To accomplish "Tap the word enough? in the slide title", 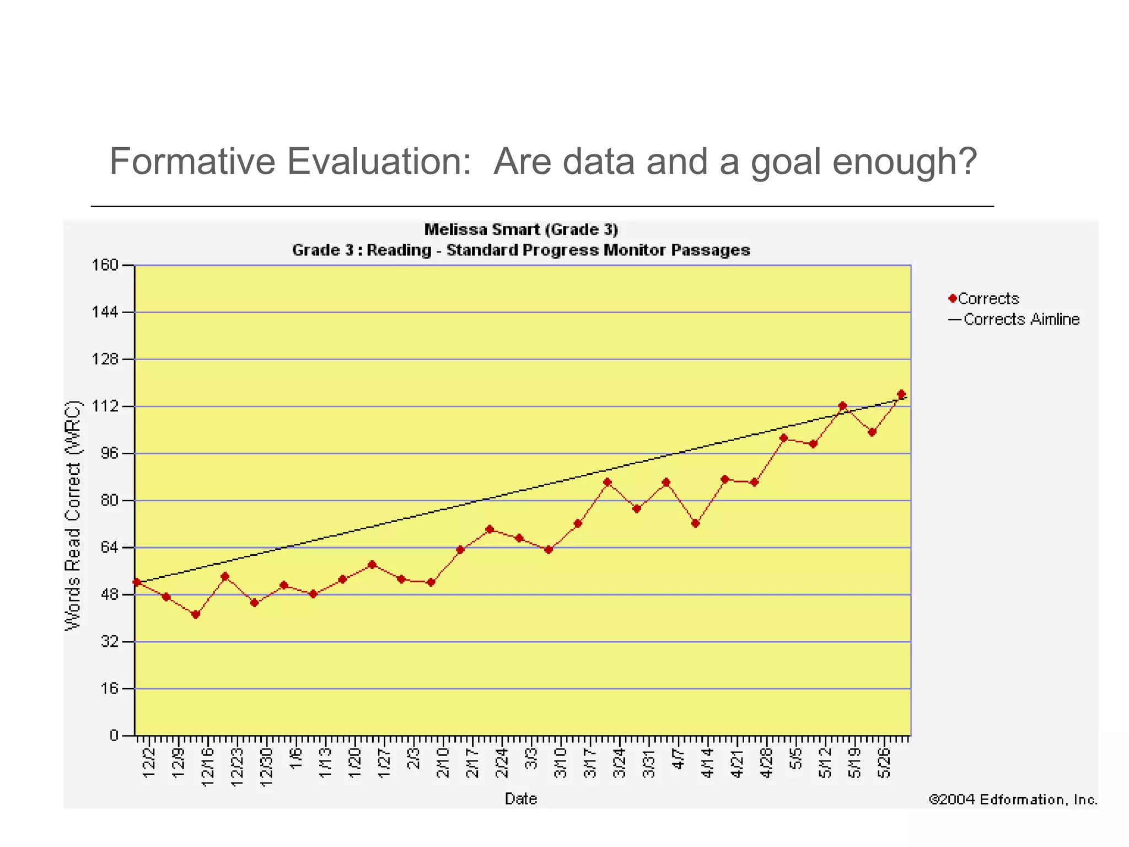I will pos(904,162).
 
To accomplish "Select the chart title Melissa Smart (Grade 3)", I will pos(521,229).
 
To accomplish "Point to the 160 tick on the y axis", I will pos(105,265).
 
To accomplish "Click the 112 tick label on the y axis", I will pos(105,406).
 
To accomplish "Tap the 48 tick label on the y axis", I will pos(109,594).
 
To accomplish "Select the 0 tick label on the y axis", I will pos(114,735).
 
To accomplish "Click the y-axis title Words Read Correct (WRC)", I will pos(73,516).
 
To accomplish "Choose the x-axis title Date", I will pos(520,798).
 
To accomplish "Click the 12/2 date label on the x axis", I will pos(148,763).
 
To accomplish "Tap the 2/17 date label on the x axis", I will pos(472,763).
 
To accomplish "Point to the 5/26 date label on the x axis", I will pos(884,763).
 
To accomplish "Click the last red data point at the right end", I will pos(901,394).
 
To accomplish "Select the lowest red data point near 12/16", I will pos(196,614).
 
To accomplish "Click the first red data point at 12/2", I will pos(137,582).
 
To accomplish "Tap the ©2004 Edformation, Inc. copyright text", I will pos(1013,799).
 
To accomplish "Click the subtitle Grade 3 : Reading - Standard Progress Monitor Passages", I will pos(521,250).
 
